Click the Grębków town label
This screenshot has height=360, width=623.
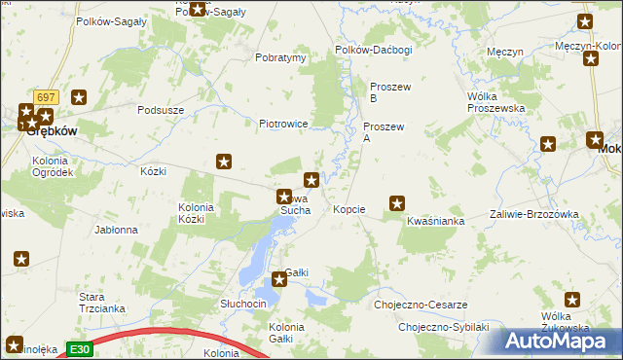coord(45,129)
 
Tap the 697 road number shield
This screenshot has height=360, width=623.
coord(45,98)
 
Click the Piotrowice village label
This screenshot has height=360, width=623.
coord(283,124)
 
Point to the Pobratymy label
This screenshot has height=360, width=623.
coord(280,57)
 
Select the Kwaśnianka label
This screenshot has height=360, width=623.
coord(435,222)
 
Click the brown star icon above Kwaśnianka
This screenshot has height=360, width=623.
coord(397,203)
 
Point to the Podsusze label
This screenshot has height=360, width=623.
coord(162,110)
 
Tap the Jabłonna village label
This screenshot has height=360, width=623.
coord(116,231)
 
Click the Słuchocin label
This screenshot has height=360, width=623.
coord(243,304)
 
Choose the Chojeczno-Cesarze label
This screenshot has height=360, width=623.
coord(420,305)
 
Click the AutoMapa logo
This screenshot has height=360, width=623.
coord(562,342)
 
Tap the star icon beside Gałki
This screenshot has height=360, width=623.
coord(280,279)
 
